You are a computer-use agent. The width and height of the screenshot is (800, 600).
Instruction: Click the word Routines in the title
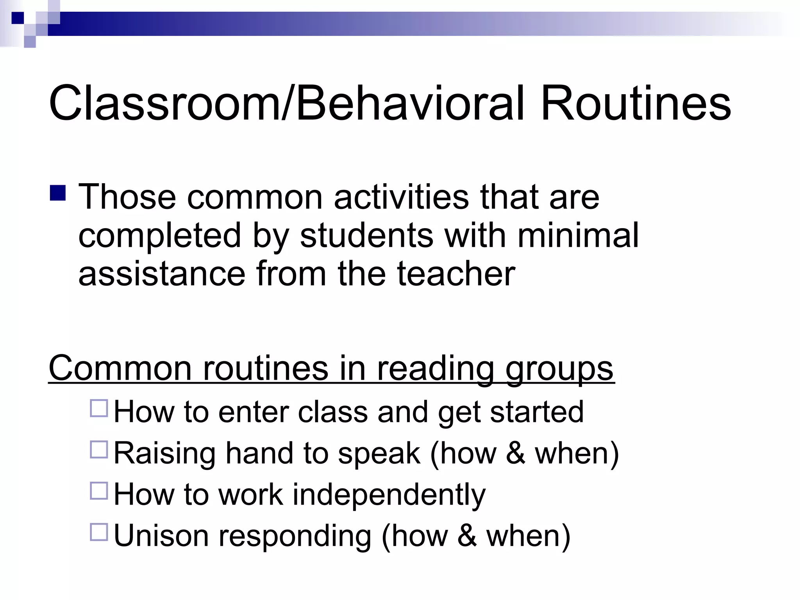click(636, 104)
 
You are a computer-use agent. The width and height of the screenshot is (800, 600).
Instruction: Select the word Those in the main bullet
click(127, 196)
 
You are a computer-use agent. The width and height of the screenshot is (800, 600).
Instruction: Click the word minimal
click(578, 235)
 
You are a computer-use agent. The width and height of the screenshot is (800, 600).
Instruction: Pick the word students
click(367, 235)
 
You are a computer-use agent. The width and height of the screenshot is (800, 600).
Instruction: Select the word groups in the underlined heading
click(559, 368)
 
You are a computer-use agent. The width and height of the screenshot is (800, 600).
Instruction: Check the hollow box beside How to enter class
click(99, 408)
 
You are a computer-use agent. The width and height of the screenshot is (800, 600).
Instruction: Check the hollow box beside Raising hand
click(99, 449)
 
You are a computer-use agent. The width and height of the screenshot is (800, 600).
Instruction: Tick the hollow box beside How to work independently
click(99, 491)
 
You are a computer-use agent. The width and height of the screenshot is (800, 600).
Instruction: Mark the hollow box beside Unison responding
click(99, 532)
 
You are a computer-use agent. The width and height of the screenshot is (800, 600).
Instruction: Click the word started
click(537, 412)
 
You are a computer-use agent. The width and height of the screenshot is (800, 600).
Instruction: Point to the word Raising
click(164, 453)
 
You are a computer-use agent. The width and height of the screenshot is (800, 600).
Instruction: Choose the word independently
click(389, 495)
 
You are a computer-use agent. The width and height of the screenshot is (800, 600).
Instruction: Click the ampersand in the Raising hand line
click(516, 453)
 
